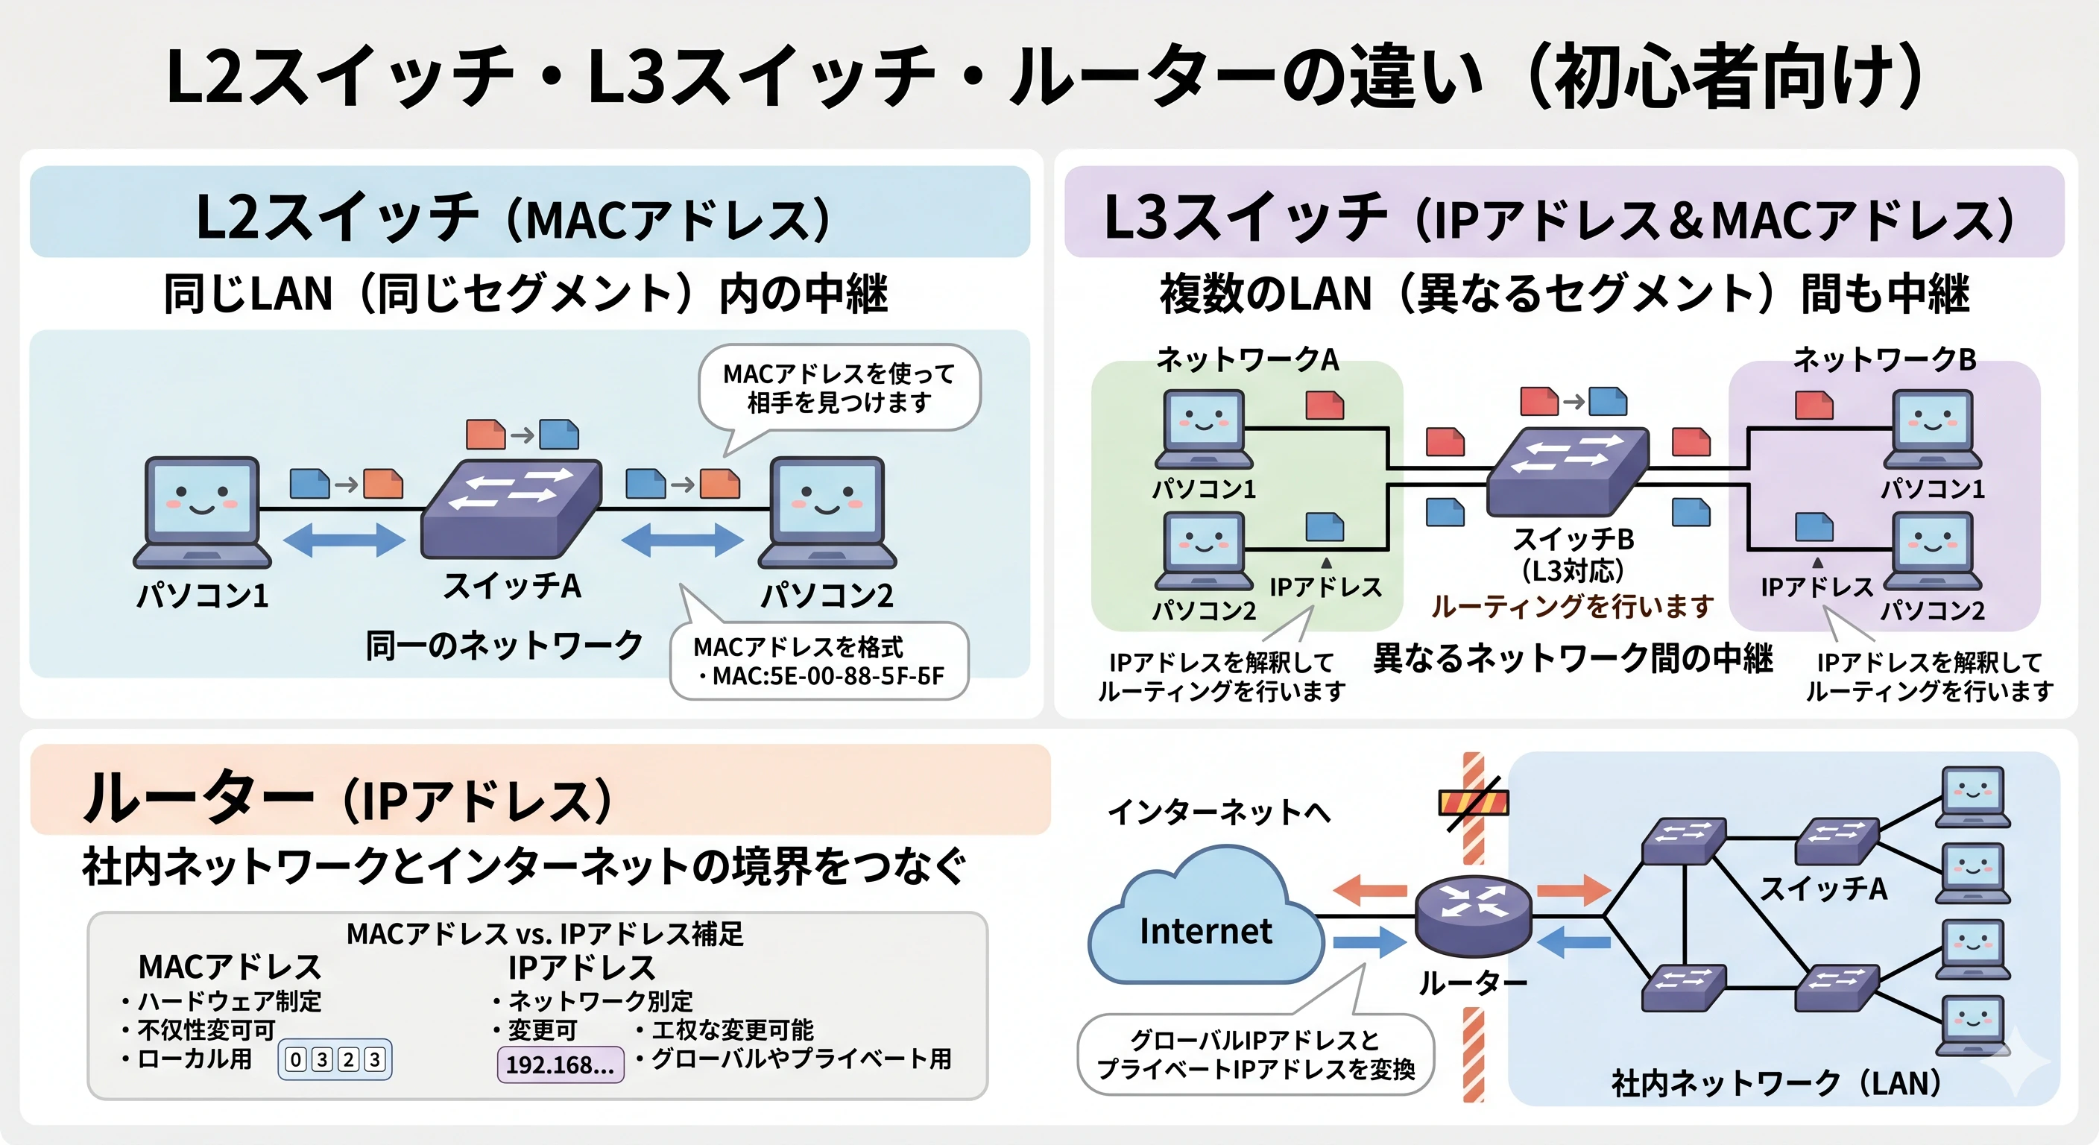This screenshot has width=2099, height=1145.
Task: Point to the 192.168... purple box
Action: point(561,1064)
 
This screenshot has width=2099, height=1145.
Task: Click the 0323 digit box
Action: point(335,1059)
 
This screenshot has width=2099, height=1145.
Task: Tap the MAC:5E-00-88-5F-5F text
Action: point(828,675)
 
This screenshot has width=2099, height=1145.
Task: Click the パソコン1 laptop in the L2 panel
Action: point(202,512)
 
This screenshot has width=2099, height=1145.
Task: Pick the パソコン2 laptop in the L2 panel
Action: point(827,512)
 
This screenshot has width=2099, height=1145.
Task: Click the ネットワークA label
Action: point(1248,359)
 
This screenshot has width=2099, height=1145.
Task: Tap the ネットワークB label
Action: point(1884,359)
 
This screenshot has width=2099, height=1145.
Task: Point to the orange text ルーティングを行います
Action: point(1573,606)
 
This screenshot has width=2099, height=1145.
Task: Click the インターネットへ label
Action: point(1219,812)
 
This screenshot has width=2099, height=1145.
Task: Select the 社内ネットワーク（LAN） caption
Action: point(1777,1084)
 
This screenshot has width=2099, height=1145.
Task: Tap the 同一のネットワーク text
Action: point(505,646)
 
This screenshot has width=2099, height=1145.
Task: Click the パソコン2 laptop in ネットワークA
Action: point(1205,550)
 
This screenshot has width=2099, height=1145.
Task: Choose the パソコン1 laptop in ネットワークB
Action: point(1933,429)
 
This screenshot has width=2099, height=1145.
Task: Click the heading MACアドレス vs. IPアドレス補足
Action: point(545,934)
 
